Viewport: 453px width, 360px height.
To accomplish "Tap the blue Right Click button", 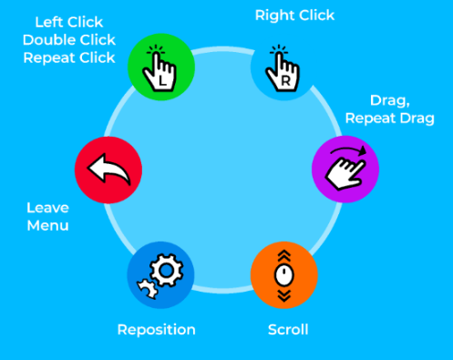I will pyautogui.click(x=283, y=66).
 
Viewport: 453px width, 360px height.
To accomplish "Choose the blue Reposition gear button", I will pyautogui.click(x=160, y=273).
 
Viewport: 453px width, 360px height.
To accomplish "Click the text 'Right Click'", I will pyautogui.click(x=294, y=15).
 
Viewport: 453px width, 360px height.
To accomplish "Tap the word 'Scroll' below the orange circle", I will pyautogui.click(x=288, y=329).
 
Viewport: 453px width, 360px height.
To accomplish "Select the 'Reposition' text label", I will pyautogui.click(x=156, y=329).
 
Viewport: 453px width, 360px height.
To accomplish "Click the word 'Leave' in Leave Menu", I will pyautogui.click(x=48, y=207).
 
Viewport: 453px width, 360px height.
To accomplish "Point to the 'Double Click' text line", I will pyautogui.click(x=68, y=39).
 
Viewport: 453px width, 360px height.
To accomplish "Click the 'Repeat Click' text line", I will pyautogui.click(x=68, y=58).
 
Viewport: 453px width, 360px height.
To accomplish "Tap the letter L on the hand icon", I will pyautogui.click(x=162, y=79).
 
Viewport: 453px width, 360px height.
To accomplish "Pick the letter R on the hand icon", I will pyautogui.click(x=284, y=80).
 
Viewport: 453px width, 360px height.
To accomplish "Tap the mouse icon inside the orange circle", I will pyautogui.click(x=283, y=272).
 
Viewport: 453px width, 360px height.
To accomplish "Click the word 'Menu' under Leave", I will pyautogui.click(x=48, y=225).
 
